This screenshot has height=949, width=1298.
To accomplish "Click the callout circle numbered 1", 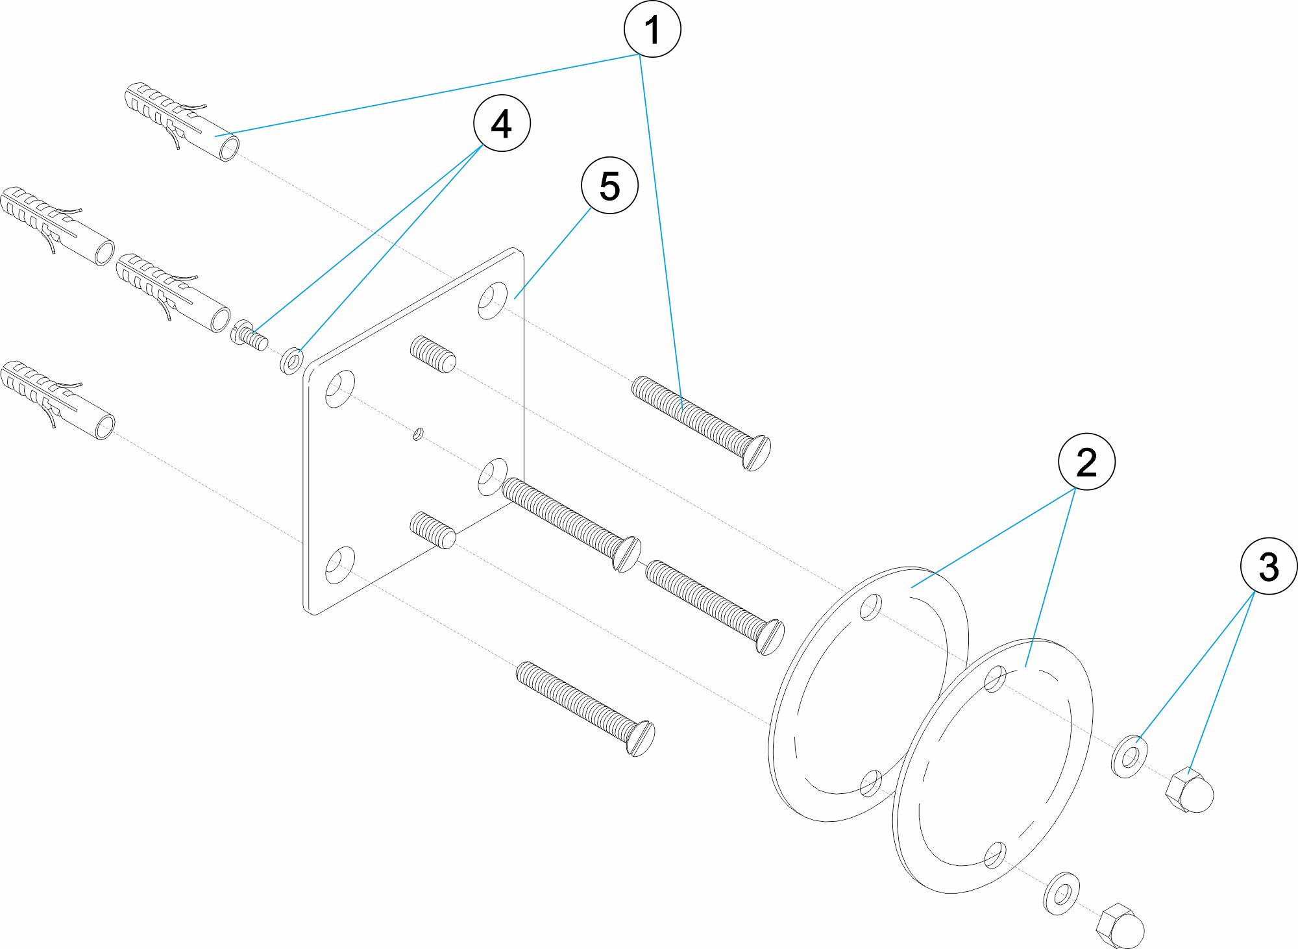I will click(652, 29).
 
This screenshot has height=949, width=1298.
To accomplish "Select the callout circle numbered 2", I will click(1086, 462).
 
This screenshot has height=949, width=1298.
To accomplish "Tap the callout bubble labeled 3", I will click(1268, 566).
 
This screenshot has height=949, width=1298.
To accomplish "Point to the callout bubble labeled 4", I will click(502, 123).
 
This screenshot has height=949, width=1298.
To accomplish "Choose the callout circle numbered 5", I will click(609, 186).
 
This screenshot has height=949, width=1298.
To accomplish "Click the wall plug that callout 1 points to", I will click(182, 121).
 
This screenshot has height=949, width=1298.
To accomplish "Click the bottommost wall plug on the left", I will click(58, 401).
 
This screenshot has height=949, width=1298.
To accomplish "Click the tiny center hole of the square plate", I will click(419, 433).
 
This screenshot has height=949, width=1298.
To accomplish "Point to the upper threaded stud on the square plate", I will click(434, 354).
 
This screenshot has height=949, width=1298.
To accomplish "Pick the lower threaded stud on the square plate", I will click(434, 530).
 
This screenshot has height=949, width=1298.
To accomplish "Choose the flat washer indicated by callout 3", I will click(1130, 756).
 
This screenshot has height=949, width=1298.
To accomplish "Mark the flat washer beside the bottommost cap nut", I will click(1062, 894).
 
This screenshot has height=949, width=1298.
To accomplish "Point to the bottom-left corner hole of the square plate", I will click(339, 565).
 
